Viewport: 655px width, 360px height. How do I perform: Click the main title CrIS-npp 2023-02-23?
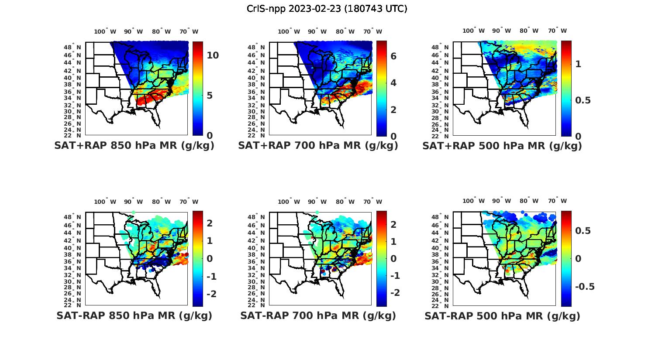[327, 9]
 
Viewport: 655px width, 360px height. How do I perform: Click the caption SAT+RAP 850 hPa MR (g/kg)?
[134, 146]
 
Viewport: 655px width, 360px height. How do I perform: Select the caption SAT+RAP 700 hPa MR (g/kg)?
[318, 146]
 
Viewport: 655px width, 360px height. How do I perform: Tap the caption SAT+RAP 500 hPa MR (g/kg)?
[502, 146]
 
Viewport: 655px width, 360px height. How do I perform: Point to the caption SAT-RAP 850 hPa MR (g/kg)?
[134, 315]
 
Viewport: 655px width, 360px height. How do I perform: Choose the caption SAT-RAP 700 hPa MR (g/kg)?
[318, 315]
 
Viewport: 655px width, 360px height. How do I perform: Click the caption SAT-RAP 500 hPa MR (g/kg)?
[502, 316]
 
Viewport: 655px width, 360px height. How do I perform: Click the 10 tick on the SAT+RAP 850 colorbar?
[213, 55]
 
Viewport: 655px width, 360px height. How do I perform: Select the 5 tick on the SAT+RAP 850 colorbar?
[210, 95]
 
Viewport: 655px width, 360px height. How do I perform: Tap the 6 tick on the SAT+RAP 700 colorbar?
[393, 56]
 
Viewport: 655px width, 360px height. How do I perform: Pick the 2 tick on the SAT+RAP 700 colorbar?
[393, 110]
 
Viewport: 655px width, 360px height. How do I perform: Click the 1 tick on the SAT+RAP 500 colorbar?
[578, 64]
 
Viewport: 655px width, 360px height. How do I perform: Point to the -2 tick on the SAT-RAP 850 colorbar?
[211, 294]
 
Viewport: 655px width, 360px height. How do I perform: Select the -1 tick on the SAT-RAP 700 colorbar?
[395, 276]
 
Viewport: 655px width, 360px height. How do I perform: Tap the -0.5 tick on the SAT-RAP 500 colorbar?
[585, 286]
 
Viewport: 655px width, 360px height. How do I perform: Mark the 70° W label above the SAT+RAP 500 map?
[558, 31]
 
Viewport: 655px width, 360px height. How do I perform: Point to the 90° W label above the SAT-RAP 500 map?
[502, 201]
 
